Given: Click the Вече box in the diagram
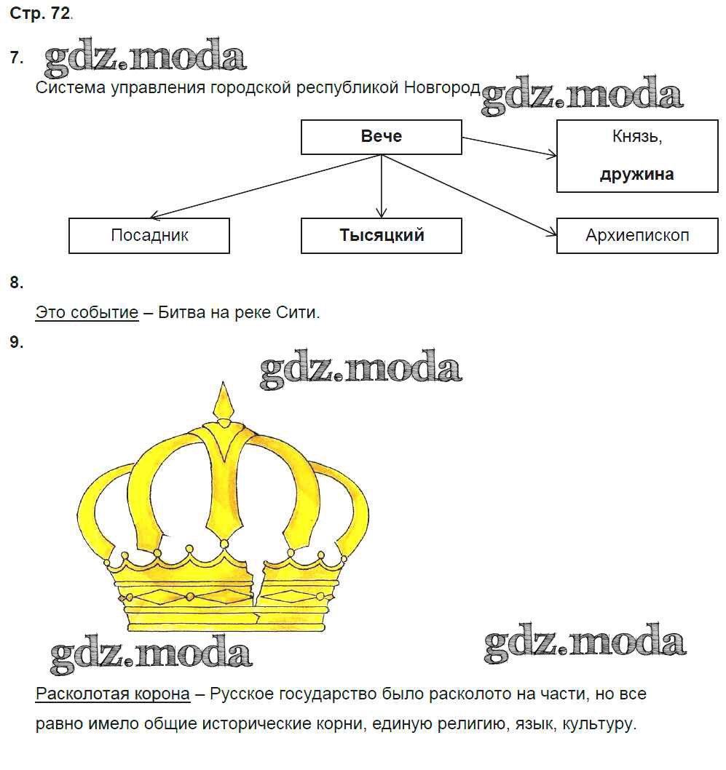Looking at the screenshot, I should tap(381, 137).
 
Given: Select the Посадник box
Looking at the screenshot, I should tap(149, 235).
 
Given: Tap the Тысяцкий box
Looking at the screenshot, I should tap(381, 235).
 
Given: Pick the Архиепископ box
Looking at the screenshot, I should tap(637, 235).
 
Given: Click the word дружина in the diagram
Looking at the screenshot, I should tap(637, 175).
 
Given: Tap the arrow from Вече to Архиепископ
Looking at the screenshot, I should tap(470, 194).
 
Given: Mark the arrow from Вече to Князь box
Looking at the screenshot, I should tap(510, 146).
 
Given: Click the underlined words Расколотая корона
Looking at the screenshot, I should tap(112, 694).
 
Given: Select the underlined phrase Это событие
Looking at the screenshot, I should tap(87, 313).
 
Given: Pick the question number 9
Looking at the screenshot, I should tap(17, 342).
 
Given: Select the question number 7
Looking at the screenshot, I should tap(17, 58).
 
